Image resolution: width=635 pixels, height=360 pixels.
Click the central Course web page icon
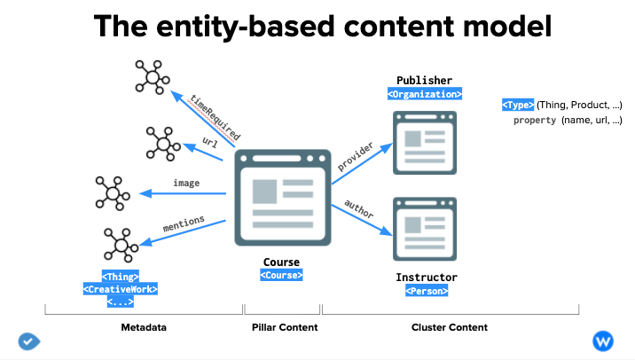click(x=283, y=198)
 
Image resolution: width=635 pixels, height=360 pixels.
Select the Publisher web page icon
click(x=425, y=143)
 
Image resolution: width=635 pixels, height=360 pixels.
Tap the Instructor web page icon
click(x=425, y=229)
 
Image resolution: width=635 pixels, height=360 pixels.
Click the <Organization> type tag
click(x=425, y=94)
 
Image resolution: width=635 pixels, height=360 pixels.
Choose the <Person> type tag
click(x=427, y=291)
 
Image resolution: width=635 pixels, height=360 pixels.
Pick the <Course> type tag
click(x=281, y=275)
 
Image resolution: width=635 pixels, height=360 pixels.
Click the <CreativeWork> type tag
click(x=121, y=289)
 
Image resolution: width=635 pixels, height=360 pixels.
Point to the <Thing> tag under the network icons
click(x=121, y=277)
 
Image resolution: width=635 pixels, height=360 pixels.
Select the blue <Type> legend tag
click(x=518, y=105)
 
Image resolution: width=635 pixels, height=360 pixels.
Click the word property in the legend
click(x=535, y=121)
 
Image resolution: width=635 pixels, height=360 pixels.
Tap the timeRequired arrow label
click(x=216, y=117)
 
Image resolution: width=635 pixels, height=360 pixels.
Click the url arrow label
click(x=210, y=142)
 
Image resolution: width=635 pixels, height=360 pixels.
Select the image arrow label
click(x=186, y=183)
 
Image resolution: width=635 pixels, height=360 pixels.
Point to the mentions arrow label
click(x=184, y=223)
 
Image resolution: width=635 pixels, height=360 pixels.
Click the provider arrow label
click(x=355, y=156)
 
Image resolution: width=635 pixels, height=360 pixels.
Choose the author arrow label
click(x=359, y=209)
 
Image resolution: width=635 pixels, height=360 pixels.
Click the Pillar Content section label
click(x=285, y=327)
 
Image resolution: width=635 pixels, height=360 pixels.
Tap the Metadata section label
click(x=144, y=327)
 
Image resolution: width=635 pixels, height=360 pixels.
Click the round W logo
click(x=603, y=341)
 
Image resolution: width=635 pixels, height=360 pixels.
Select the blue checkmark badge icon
click(x=28, y=341)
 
